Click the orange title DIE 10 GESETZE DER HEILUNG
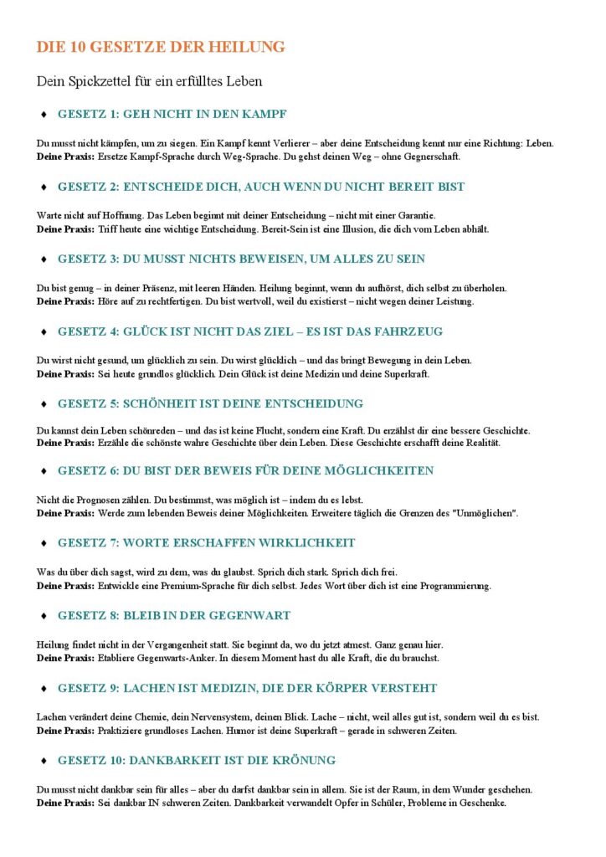[161, 47]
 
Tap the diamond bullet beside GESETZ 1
[43, 114]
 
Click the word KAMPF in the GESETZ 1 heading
[269, 114]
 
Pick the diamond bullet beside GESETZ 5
[43, 404]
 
